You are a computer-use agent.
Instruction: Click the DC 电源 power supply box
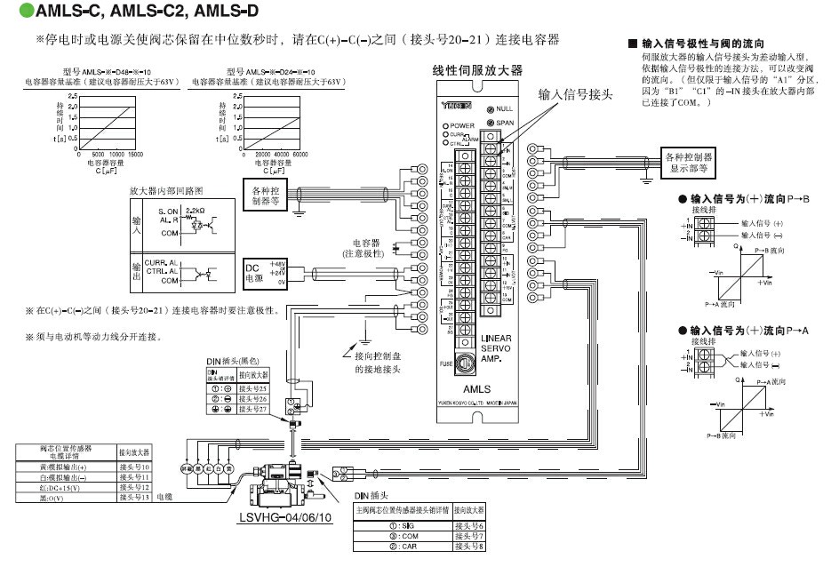253,272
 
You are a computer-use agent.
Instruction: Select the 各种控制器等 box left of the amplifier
269,195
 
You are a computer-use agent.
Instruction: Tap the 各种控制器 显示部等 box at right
689,162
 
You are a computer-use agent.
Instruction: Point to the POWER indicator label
463,126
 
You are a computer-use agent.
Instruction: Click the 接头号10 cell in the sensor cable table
134,467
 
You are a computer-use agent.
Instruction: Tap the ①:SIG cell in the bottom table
402,526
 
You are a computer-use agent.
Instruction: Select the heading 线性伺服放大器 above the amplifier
477,69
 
